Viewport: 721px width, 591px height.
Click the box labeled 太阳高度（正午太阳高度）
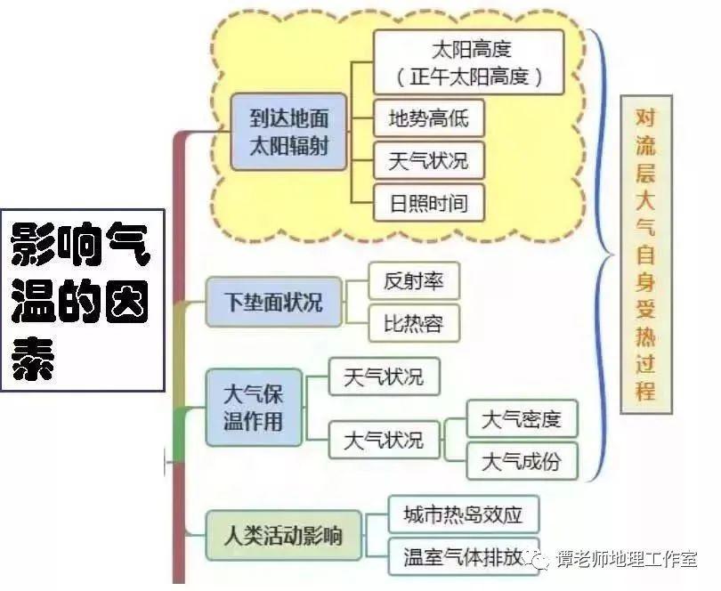tap(468, 62)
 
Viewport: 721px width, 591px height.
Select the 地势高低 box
tap(428, 118)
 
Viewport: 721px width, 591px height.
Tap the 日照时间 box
tap(428, 203)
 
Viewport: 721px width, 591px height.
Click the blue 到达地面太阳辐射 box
tap(288, 132)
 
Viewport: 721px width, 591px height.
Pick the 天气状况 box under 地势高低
tap(428, 160)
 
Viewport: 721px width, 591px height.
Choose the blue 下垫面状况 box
tap(273, 302)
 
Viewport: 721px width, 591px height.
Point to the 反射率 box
tap(414, 280)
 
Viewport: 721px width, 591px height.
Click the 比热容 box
tap(414, 323)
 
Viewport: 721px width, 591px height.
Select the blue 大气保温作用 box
tap(254, 408)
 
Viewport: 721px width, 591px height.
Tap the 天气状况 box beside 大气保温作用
tap(384, 376)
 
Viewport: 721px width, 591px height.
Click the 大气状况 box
tap(384, 441)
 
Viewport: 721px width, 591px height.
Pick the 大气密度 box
tap(522, 418)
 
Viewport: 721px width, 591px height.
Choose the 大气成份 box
tap(522, 461)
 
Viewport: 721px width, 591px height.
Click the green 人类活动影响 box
tap(283, 535)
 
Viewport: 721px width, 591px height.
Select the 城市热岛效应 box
tap(464, 514)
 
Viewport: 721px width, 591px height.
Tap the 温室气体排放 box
tap(464, 556)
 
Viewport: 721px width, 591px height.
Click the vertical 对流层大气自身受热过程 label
tap(646, 255)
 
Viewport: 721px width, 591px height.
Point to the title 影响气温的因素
tap(83, 300)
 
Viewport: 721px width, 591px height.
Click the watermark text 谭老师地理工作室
tap(627, 559)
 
